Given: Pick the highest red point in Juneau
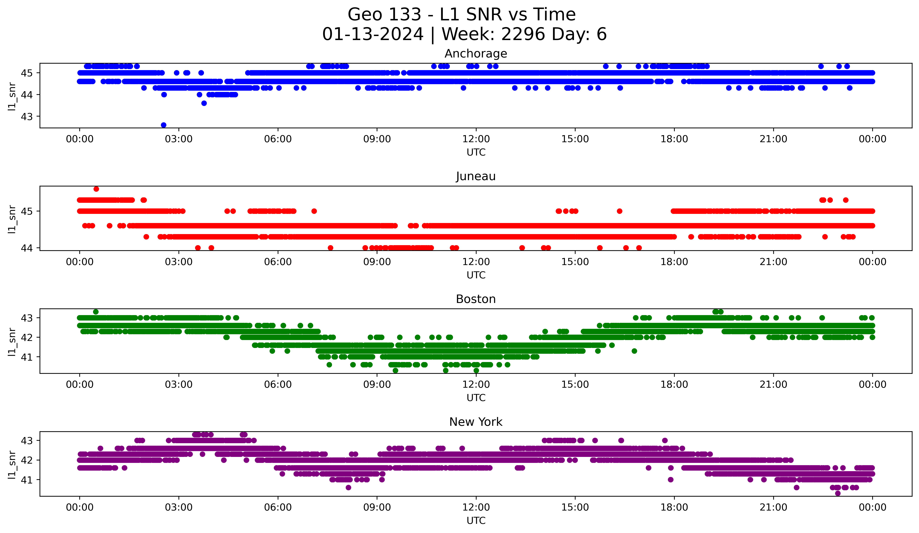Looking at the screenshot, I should [96, 189].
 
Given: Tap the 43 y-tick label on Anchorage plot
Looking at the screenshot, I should [26, 117].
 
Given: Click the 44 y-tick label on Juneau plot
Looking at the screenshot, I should [26, 248].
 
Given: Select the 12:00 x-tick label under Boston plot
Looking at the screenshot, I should [476, 384].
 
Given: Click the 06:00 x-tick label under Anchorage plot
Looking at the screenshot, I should [278, 139].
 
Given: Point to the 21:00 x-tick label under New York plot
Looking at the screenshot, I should [773, 507].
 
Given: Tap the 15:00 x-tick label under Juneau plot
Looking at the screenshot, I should [575, 262].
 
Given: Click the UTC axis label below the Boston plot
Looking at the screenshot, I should [476, 398].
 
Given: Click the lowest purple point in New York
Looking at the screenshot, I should [838, 493].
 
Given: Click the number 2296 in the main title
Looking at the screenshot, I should [523, 34].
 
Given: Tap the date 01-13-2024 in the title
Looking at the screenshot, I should [373, 34].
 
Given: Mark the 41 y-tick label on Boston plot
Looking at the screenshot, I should [26, 357].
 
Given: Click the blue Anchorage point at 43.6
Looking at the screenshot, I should [204, 103].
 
